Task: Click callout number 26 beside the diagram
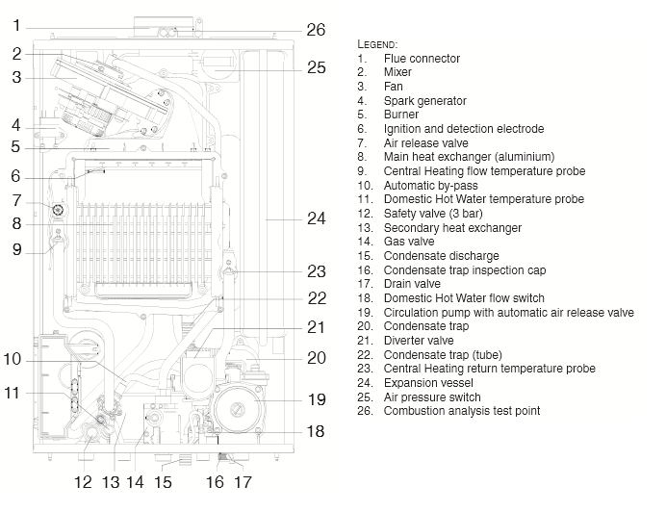click(x=316, y=30)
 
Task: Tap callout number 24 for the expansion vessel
click(x=316, y=219)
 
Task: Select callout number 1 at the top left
click(x=15, y=27)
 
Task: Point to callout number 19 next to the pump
click(x=316, y=398)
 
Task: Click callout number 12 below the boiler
click(x=85, y=481)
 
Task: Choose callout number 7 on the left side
click(x=15, y=200)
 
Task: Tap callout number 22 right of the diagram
click(x=316, y=298)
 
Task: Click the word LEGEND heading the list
click(x=377, y=44)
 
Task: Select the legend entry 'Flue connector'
click(x=422, y=59)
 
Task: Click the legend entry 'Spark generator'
click(x=424, y=101)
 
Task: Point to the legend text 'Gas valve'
click(x=407, y=243)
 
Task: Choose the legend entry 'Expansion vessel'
click(x=428, y=383)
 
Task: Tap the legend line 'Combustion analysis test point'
click(x=462, y=411)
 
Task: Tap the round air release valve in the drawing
click(x=60, y=209)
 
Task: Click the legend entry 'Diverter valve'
click(x=419, y=341)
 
